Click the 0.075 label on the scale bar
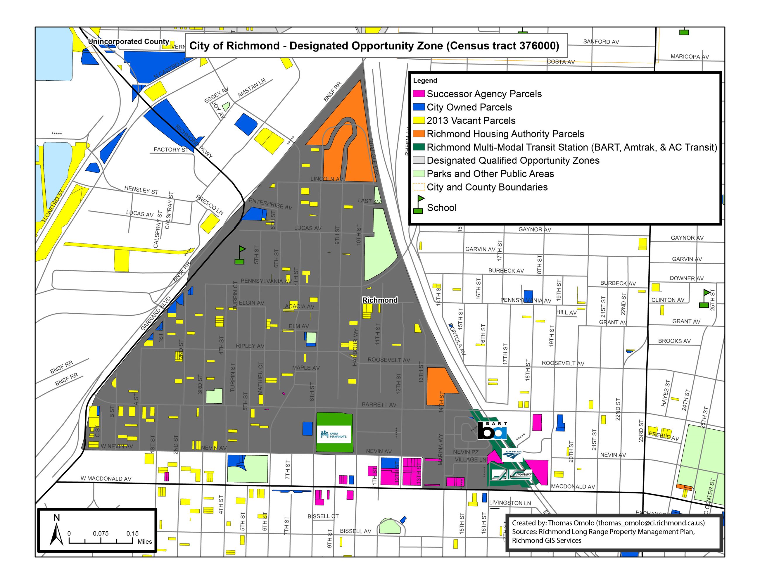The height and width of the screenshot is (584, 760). (x=101, y=533)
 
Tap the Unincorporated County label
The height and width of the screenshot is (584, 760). (x=128, y=42)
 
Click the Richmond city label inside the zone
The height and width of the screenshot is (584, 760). (x=380, y=300)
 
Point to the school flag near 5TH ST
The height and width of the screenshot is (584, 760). (x=240, y=255)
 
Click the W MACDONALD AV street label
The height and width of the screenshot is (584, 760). (x=106, y=479)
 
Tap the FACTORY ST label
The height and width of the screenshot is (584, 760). (x=171, y=149)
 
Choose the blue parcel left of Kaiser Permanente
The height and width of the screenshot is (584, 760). (x=307, y=428)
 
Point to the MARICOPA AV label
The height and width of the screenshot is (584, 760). (x=690, y=57)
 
